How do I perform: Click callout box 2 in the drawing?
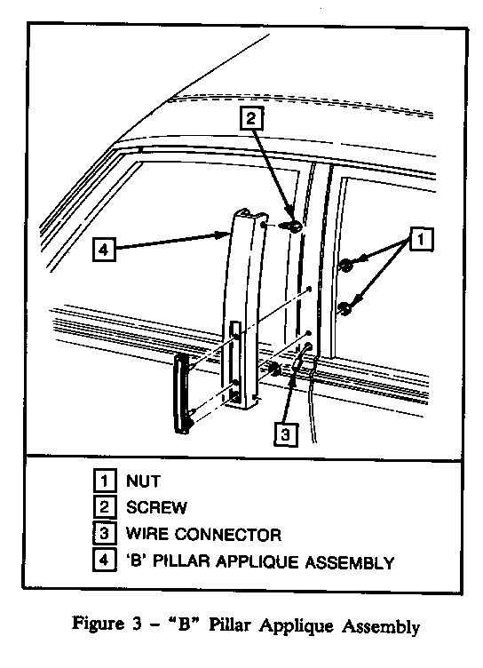point(251,118)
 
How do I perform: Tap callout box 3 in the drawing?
point(285,434)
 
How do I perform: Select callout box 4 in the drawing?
point(105,250)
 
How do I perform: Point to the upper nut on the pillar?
point(345,266)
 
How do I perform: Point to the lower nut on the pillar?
point(345,309)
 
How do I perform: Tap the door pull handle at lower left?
point(182,394)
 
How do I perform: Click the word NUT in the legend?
point(143,481)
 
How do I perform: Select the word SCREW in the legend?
point(156,507)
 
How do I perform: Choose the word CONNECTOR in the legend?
point(228,535)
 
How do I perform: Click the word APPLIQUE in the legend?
point(257,562)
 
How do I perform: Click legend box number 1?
point(105,481)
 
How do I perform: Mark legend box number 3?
point(105,533)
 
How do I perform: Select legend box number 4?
point(105,560)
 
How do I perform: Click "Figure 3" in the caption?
point(107,624)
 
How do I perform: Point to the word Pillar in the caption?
point(230,624)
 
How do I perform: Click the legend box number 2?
point(105,507)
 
